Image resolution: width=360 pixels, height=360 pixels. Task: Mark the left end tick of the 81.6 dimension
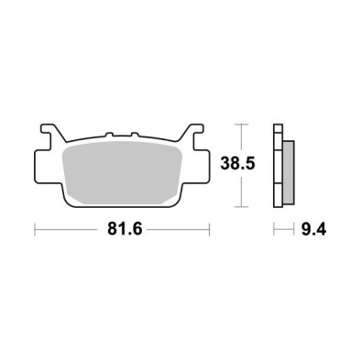tap(34, 231)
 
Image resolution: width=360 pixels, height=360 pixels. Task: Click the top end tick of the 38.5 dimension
tap(241, 123)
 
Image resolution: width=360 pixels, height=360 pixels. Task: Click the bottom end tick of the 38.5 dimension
tap(241, 206)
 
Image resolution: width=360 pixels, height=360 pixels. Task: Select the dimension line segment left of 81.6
tap(69, 231)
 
